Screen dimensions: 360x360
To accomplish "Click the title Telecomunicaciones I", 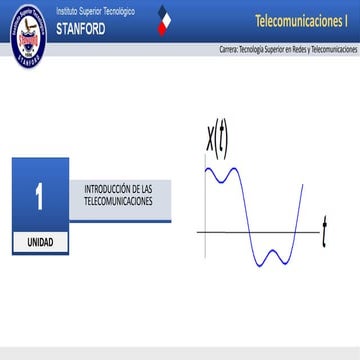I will coord(301,20).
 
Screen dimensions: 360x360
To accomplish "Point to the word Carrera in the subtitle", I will coord(228,49).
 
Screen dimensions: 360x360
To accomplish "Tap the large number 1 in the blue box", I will coord(40,196).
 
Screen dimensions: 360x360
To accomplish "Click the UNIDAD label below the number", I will coord(40,243).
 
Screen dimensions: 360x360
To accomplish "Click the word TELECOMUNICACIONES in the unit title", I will coord(119,201).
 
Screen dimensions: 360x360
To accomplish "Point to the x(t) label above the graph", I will coord(216,140).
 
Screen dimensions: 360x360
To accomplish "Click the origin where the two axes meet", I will coord(205,232).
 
